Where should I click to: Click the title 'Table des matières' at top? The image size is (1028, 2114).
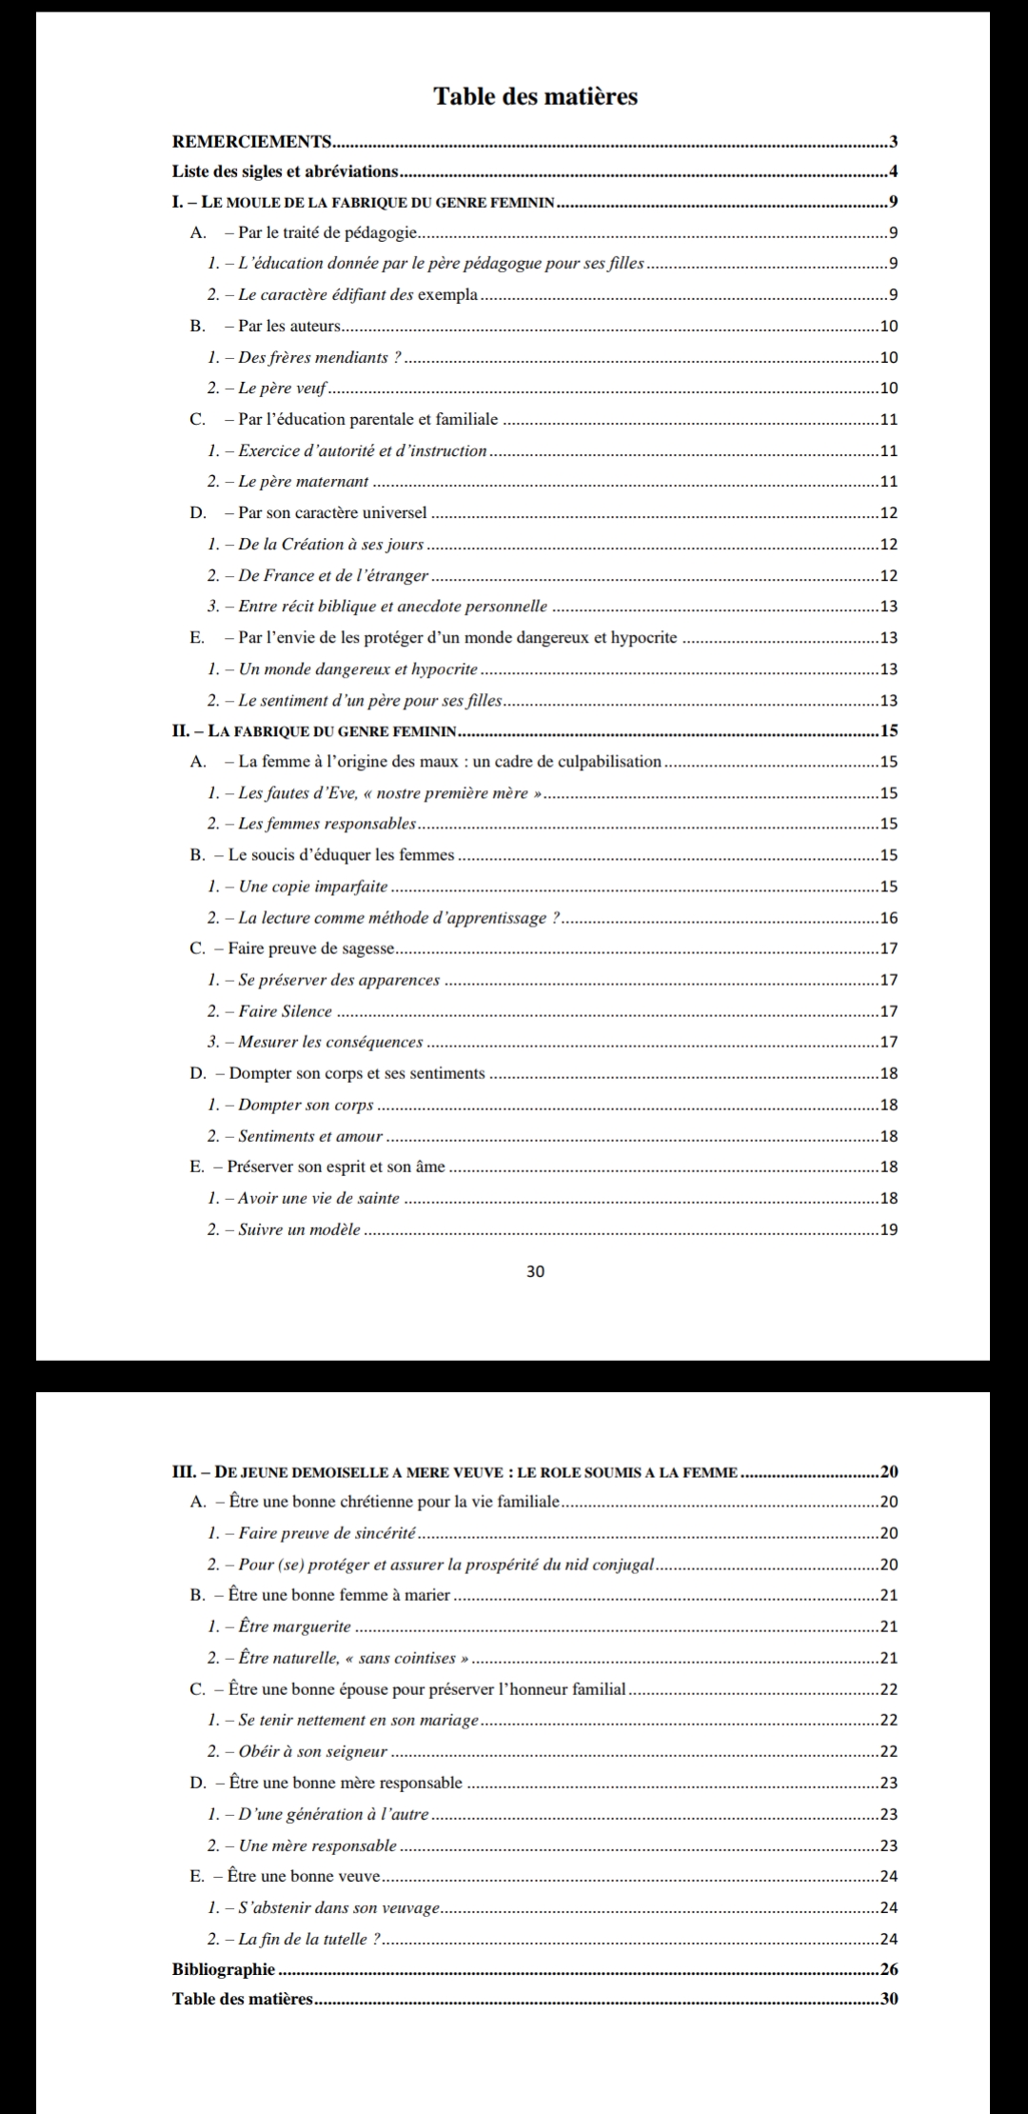tap(535, 96)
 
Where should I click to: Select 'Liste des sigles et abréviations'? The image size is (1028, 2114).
tap(285, 171)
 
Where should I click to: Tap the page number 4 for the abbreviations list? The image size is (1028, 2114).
tap(892, 172)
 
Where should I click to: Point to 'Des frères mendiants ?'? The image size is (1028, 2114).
tap(305, 357)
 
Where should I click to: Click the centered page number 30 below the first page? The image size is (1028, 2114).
tap(535, 1271)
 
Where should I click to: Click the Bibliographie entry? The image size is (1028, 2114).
tap(224, 1968)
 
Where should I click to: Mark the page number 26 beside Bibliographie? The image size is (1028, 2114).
tap(889, 1968)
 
